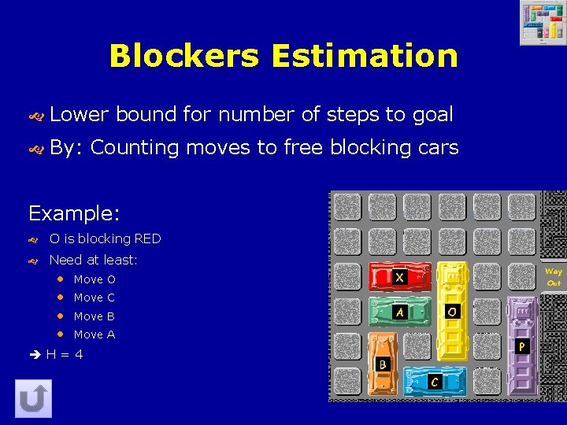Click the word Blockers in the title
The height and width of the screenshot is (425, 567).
coord(184,56)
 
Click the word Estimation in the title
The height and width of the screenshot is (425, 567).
coord(365,56)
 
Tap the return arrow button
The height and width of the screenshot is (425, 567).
coord(33,399)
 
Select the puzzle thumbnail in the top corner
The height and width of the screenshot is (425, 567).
coord(542,23)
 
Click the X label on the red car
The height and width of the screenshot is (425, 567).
coord(400,277)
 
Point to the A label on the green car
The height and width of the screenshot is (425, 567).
coord(400,312)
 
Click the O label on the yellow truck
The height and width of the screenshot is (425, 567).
coord(452,312)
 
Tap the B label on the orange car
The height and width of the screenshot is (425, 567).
coord(383,364)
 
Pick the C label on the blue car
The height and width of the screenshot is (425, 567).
coord(434,382)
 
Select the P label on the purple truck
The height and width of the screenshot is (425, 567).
coord(521,346)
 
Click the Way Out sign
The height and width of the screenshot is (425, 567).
coord(554,277)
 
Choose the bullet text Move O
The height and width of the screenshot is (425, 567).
coord(94,279)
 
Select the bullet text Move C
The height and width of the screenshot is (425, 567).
coord(94,297)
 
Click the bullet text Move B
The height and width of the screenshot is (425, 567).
coord(94,316)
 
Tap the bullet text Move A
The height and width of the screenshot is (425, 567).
coord(94,334)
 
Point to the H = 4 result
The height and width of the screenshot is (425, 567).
coord(64,354)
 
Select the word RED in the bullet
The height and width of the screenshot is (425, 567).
coord(147,238)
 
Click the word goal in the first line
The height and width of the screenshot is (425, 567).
coord(432,114)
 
